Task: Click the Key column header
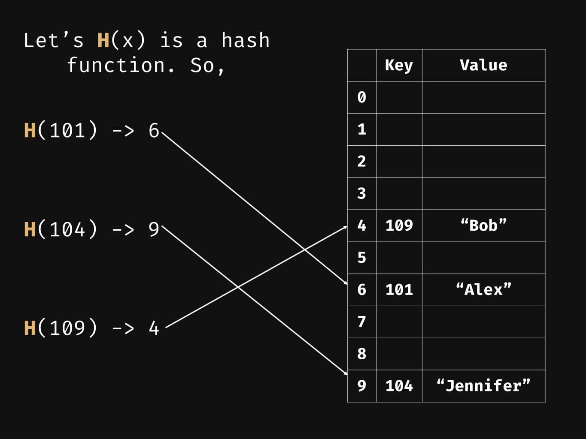point(399,65)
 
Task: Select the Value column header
point(483,65)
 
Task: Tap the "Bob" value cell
point(483,226)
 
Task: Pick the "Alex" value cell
point(483,290)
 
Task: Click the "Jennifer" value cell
point(483,386)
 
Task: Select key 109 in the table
point(399,226)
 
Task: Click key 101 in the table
point(399,290)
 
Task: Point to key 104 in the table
point(399,386)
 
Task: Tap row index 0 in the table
point(362,97)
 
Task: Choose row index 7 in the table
point(362,322)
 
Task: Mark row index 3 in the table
point(362,193)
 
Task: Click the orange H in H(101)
point(30,130)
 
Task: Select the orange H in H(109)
point(30,328)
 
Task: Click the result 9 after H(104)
point(154,229)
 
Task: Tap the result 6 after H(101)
point(154,130)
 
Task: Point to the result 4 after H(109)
point(154,328)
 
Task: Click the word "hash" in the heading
point(246,41)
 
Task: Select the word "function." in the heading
point(121,66)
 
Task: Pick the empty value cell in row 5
point(483,258)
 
